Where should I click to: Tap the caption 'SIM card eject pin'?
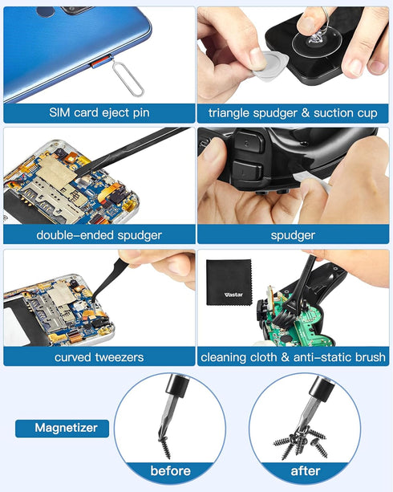tap(99, 113)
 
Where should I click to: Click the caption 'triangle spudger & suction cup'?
tap(293, 113)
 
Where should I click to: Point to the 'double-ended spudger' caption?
tap(99, 235)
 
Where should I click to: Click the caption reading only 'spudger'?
tap(293, 235)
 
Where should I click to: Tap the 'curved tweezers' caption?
tap(99, 356)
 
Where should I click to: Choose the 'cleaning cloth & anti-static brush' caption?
tap(293, 356)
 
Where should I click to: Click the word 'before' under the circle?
tap(170, 470)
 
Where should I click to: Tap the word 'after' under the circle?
tap(305, 470)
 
